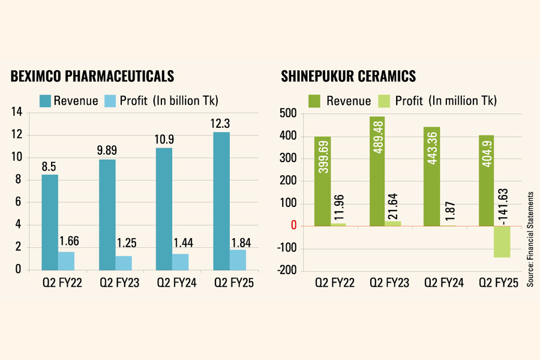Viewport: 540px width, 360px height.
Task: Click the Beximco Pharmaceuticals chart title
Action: [92, 76]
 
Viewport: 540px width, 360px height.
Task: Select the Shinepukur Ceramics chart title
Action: [349, 76]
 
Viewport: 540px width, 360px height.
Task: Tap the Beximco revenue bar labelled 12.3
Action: [221, 201]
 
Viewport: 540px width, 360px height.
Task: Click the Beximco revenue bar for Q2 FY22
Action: [50, 222]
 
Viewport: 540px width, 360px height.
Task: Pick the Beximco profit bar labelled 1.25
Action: [124, 263]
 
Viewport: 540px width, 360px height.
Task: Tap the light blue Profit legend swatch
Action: [110, 100]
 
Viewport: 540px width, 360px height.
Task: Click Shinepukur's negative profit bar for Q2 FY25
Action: [502, 242]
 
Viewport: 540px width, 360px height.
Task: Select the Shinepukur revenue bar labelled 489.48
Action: [377, 171]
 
